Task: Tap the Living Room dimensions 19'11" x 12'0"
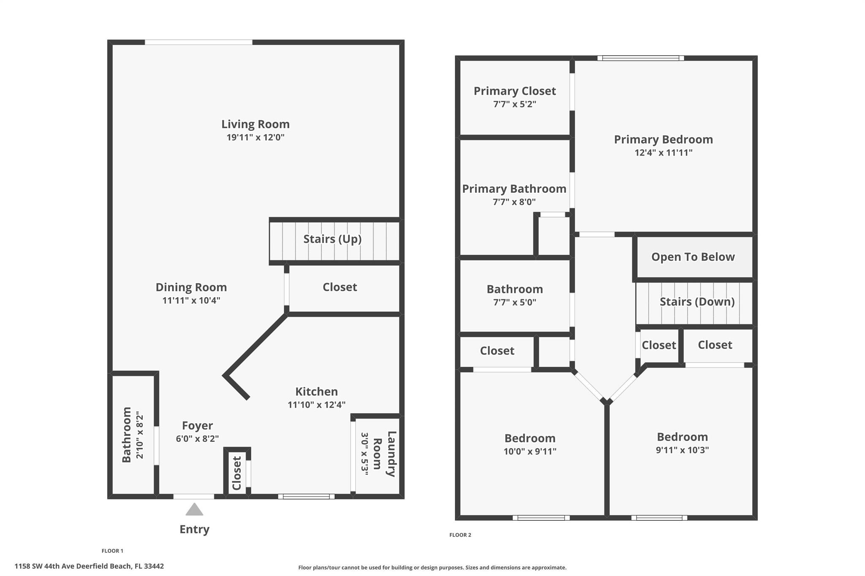tap(256, 138)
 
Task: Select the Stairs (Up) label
tap(332, 239)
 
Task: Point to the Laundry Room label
tap(385, 454)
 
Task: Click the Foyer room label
tap(197, 425)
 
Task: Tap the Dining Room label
tap(191, 287)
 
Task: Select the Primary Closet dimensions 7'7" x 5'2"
tap(514, 104)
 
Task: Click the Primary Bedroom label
tap(663, 140)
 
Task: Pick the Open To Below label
tap(693, 257)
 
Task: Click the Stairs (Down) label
tap(697, 302)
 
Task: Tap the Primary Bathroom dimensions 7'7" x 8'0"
tap(514, 202)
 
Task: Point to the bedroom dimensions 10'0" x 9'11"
tap(530, 452)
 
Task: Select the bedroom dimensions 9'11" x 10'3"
tap(682, 450)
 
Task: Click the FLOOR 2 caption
tap(460, 535)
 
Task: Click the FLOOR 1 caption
tap(112, 551)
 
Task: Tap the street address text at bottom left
tap(89, 566)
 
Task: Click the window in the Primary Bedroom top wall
tap(640, 58)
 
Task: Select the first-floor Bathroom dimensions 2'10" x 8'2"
tap(140, 435)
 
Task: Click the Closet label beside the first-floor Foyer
tap(237, 473)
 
